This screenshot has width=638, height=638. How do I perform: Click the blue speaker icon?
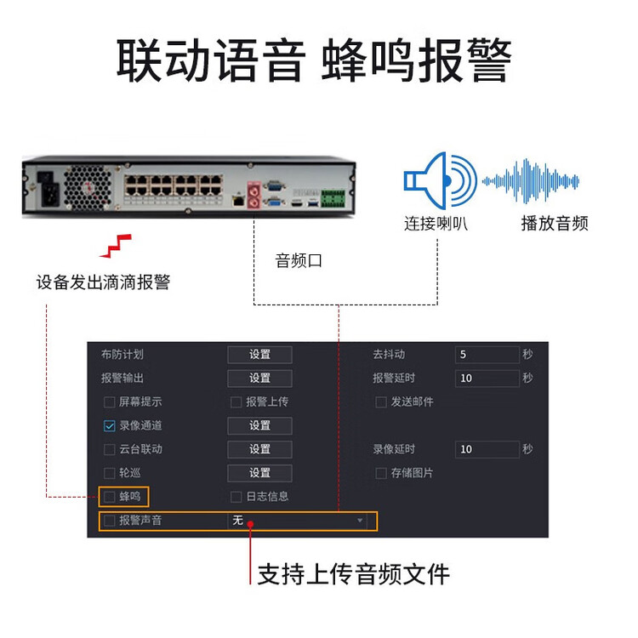441,180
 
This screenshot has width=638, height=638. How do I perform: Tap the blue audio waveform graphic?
531,181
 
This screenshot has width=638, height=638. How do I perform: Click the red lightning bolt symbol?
116,246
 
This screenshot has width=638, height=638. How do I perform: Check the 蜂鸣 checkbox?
110,497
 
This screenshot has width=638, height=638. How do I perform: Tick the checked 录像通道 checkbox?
110,425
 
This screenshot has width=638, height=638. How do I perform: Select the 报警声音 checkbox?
110,521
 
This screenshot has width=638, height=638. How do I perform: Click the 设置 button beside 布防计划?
259,355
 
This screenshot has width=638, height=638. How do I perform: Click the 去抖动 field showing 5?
487,355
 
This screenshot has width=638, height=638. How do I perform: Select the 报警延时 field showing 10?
487,378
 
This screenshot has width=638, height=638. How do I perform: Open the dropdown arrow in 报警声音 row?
360,521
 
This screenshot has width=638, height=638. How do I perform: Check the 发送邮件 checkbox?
381,402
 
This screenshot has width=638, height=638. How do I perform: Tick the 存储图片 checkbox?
381,473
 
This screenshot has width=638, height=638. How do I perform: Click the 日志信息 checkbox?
236,497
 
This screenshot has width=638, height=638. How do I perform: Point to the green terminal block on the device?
333,198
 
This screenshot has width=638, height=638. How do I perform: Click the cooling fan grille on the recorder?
88,188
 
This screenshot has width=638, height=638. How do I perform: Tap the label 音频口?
299,261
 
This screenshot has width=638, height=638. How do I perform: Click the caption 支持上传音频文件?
354,574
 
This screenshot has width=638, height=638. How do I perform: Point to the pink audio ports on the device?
253,195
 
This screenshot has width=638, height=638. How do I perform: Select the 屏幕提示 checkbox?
110,402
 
